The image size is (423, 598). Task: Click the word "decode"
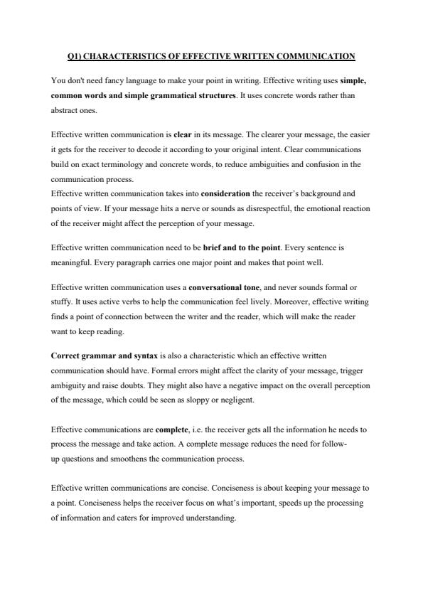pyautogui.click(x=131, y=148)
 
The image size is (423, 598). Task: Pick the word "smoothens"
pyautogui.click(x=131, y=459)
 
